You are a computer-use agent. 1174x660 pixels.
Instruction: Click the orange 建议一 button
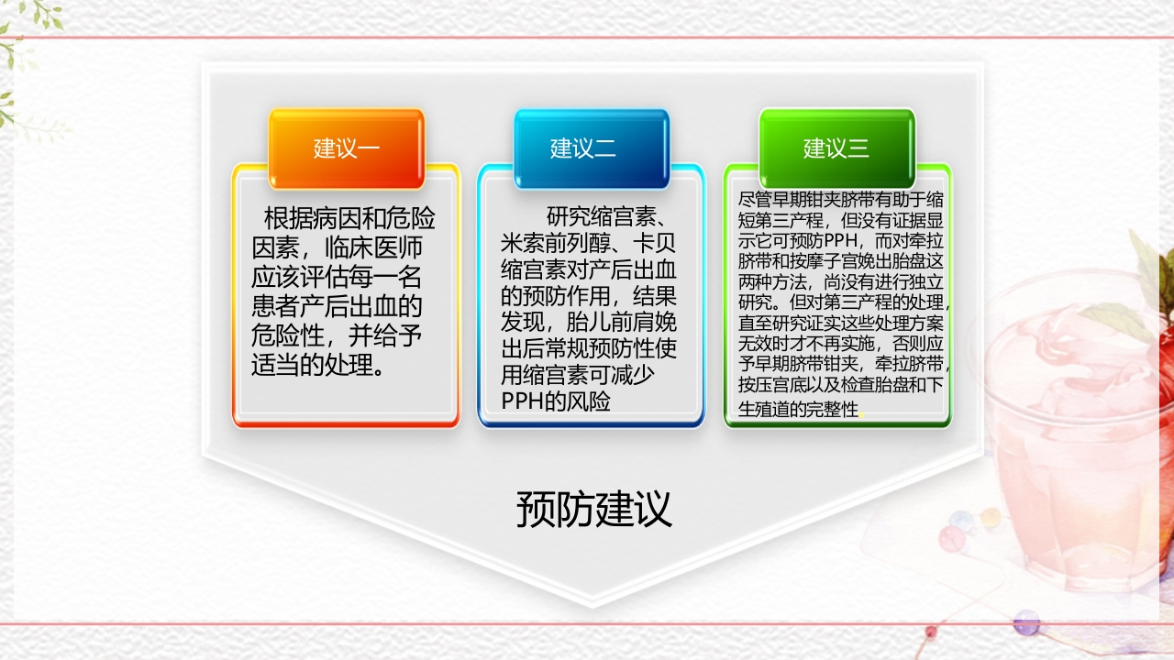(346, 148)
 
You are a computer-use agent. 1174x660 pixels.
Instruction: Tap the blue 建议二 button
(591, 148)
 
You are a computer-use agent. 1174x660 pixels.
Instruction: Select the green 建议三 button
(836, 148)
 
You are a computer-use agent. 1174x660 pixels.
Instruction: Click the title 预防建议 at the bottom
(593, 510)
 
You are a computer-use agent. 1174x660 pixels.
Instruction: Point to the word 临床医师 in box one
(376, 247)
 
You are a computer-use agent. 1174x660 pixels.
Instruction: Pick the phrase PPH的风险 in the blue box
(556, 401)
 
